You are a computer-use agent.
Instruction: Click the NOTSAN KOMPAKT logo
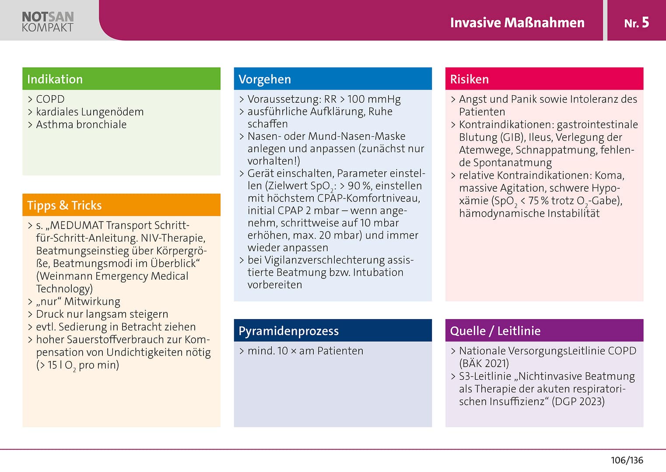(x=48, y=21)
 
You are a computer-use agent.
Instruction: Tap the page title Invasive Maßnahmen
(x=517, y=23)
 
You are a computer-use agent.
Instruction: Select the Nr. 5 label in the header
(x=637, y=23)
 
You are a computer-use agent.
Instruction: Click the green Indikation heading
(x=55, y=79)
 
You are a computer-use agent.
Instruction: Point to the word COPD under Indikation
(x=50, y=99)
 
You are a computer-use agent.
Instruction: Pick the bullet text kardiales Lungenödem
(x=90, y=112)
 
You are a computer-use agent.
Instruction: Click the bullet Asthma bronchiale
(x=81, y=125)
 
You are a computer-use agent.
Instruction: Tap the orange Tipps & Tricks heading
(x=64, y=205)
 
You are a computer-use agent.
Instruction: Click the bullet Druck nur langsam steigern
(x=102, y=314)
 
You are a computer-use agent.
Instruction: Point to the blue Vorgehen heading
(x=265, y=79)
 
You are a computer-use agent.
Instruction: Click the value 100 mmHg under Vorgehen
(x=374, y=99)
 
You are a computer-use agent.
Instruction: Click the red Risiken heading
(x=469, y=79)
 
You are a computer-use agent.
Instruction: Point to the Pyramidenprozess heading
(x=288, y=331)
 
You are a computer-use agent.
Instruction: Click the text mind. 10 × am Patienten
(x=305, y=351)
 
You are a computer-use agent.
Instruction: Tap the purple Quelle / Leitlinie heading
(x=495, y=331)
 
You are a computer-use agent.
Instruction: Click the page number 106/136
(x=627, y=460)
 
